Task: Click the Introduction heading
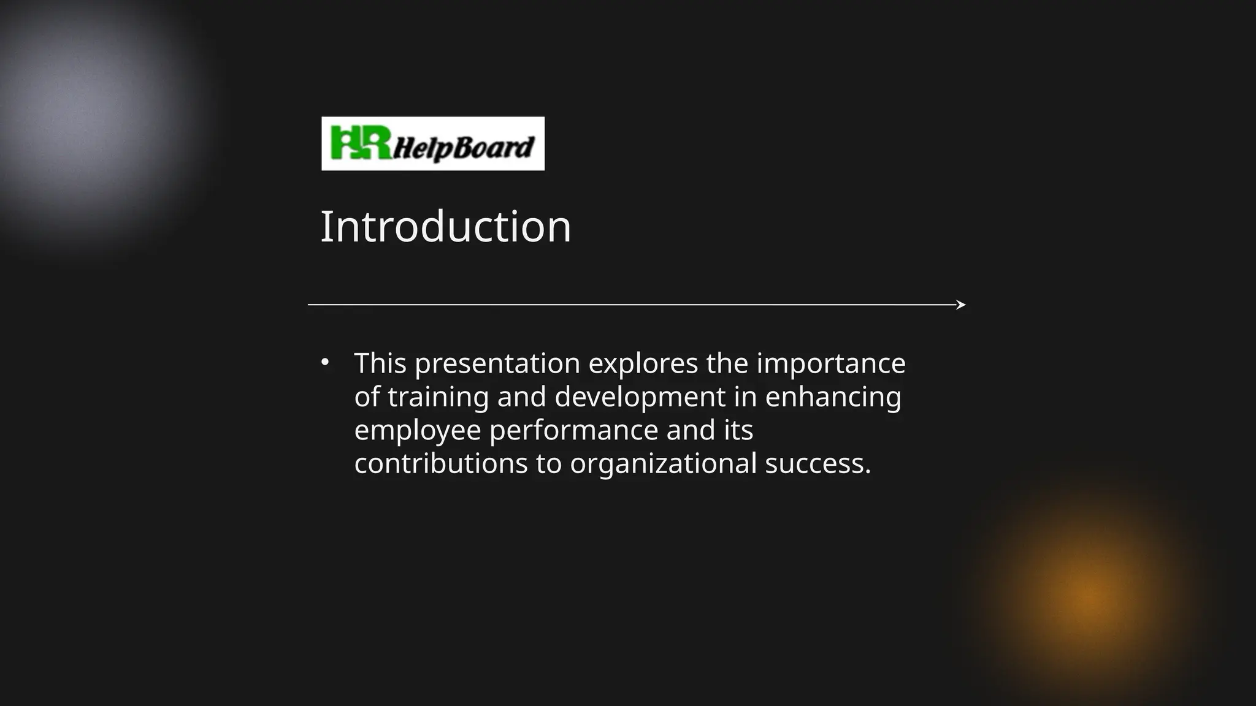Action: [445, 227]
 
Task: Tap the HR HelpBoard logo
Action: [433, 143]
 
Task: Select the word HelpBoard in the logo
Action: [464, 148]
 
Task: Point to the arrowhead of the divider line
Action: [961, 305]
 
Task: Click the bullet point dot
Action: [325, 362]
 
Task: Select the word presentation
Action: [497, 363]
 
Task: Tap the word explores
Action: [643, 363]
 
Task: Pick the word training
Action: [438, 397]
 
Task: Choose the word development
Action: [640, 397]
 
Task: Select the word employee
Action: [418, 430]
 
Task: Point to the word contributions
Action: [441, 463]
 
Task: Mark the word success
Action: [818, 463]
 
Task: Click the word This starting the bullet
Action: [380, 363]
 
